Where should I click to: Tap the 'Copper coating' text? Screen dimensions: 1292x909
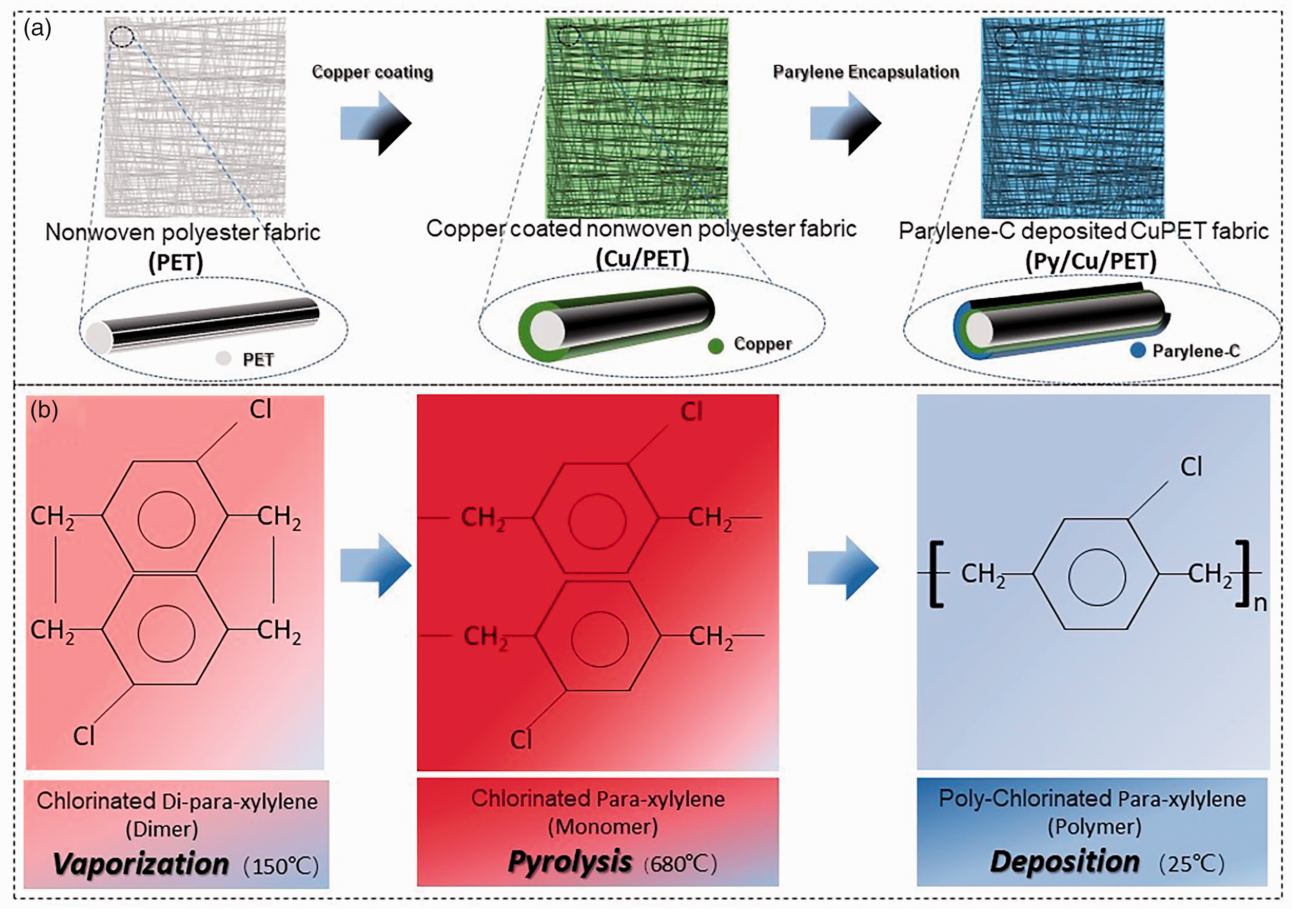coord(373,72)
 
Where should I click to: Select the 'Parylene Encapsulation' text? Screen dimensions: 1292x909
coord(866,72)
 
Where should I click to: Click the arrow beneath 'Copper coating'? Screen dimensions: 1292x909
coord(376,123)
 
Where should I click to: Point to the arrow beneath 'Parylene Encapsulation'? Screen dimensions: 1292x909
coord(845,123)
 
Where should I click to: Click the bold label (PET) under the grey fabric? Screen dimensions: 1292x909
coord(176,263)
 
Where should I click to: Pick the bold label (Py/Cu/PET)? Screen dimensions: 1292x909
coord(1091,261)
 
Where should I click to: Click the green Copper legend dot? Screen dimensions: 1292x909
coord(716,346)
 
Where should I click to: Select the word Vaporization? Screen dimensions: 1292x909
coord(141,863)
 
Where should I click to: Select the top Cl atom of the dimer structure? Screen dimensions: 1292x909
coord(261,410)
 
